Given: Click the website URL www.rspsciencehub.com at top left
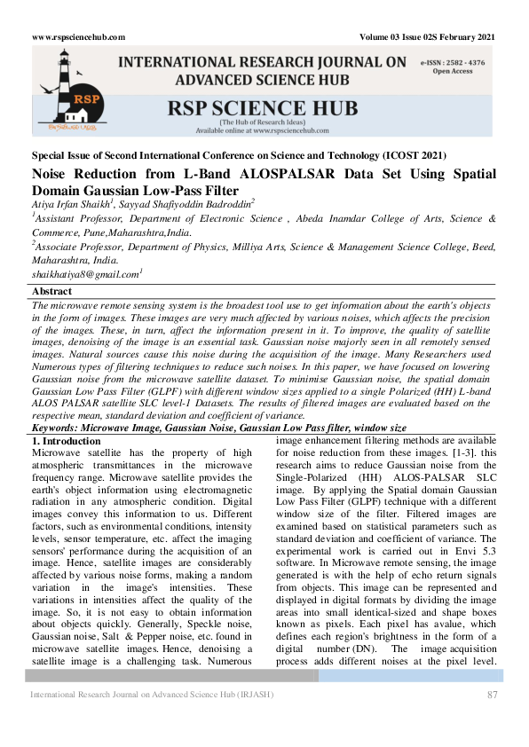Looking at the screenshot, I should click(x=78, y=37).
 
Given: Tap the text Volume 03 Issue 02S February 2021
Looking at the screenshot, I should click(x=427, y=37).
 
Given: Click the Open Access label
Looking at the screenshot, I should click(x=453, y=71).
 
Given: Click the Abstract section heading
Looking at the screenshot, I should click(x=52, y=291).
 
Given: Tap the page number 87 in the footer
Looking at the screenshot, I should click(x=492, y=694).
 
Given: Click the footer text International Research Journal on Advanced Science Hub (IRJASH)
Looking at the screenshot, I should click(x=152, y=694).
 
